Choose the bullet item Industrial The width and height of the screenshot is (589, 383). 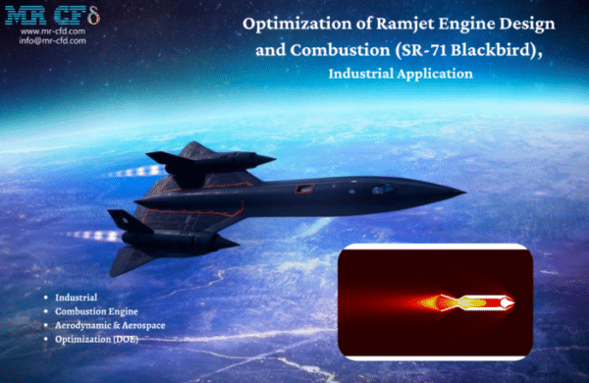78,296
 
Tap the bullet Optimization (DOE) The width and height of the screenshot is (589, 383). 97,339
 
